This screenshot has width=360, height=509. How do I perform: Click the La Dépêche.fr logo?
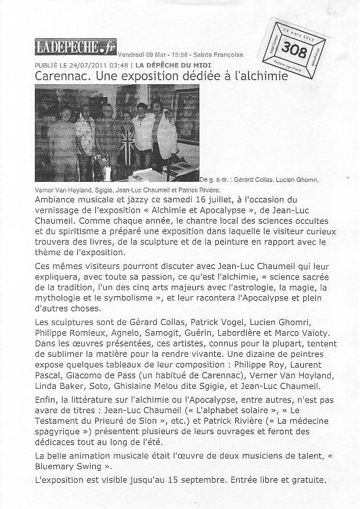[75, 47]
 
